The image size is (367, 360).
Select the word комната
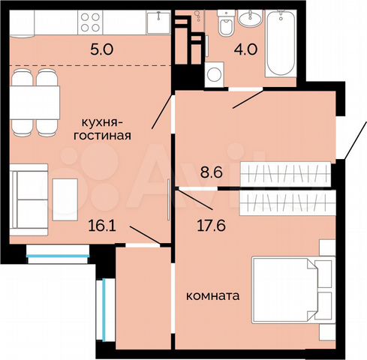tap(212, 296)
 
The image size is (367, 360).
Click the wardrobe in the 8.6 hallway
tap(285, 175)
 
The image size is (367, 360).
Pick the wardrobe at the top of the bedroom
tap(285, 200)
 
